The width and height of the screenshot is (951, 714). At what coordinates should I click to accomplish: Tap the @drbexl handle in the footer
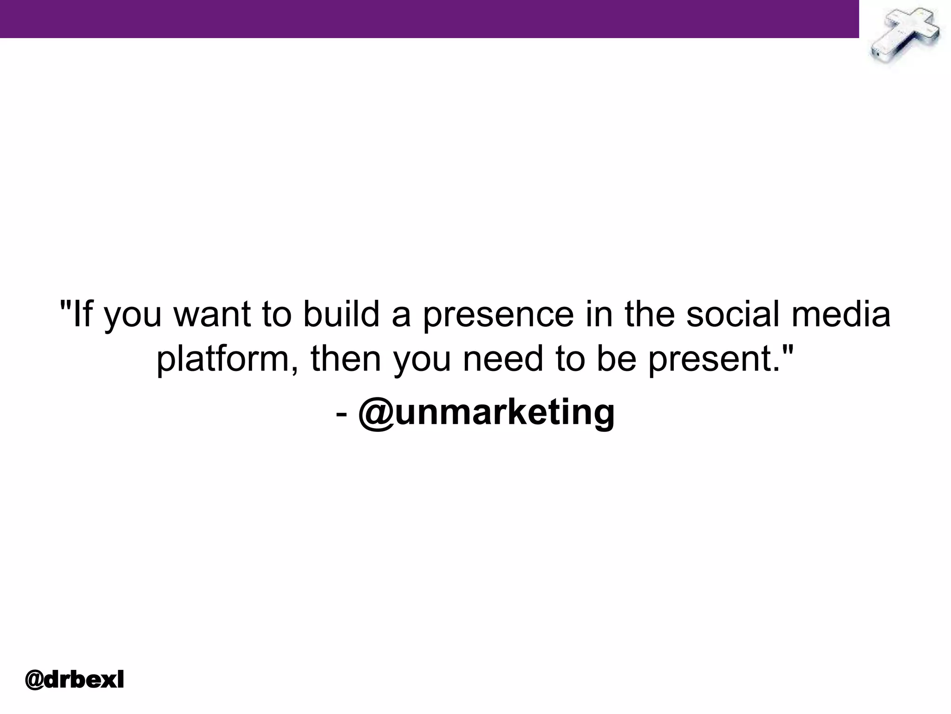[74, 680]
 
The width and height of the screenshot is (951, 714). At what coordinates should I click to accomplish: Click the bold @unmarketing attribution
[486, 412]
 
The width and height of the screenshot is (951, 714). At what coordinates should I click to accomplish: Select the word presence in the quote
[498, 315]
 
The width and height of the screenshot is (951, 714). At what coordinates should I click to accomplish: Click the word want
[212, 315]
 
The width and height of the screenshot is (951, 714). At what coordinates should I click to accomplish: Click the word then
[345, 359]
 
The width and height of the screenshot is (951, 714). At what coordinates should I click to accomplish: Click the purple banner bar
[429, 19]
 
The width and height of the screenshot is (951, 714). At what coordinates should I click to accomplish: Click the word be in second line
[616, 359]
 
